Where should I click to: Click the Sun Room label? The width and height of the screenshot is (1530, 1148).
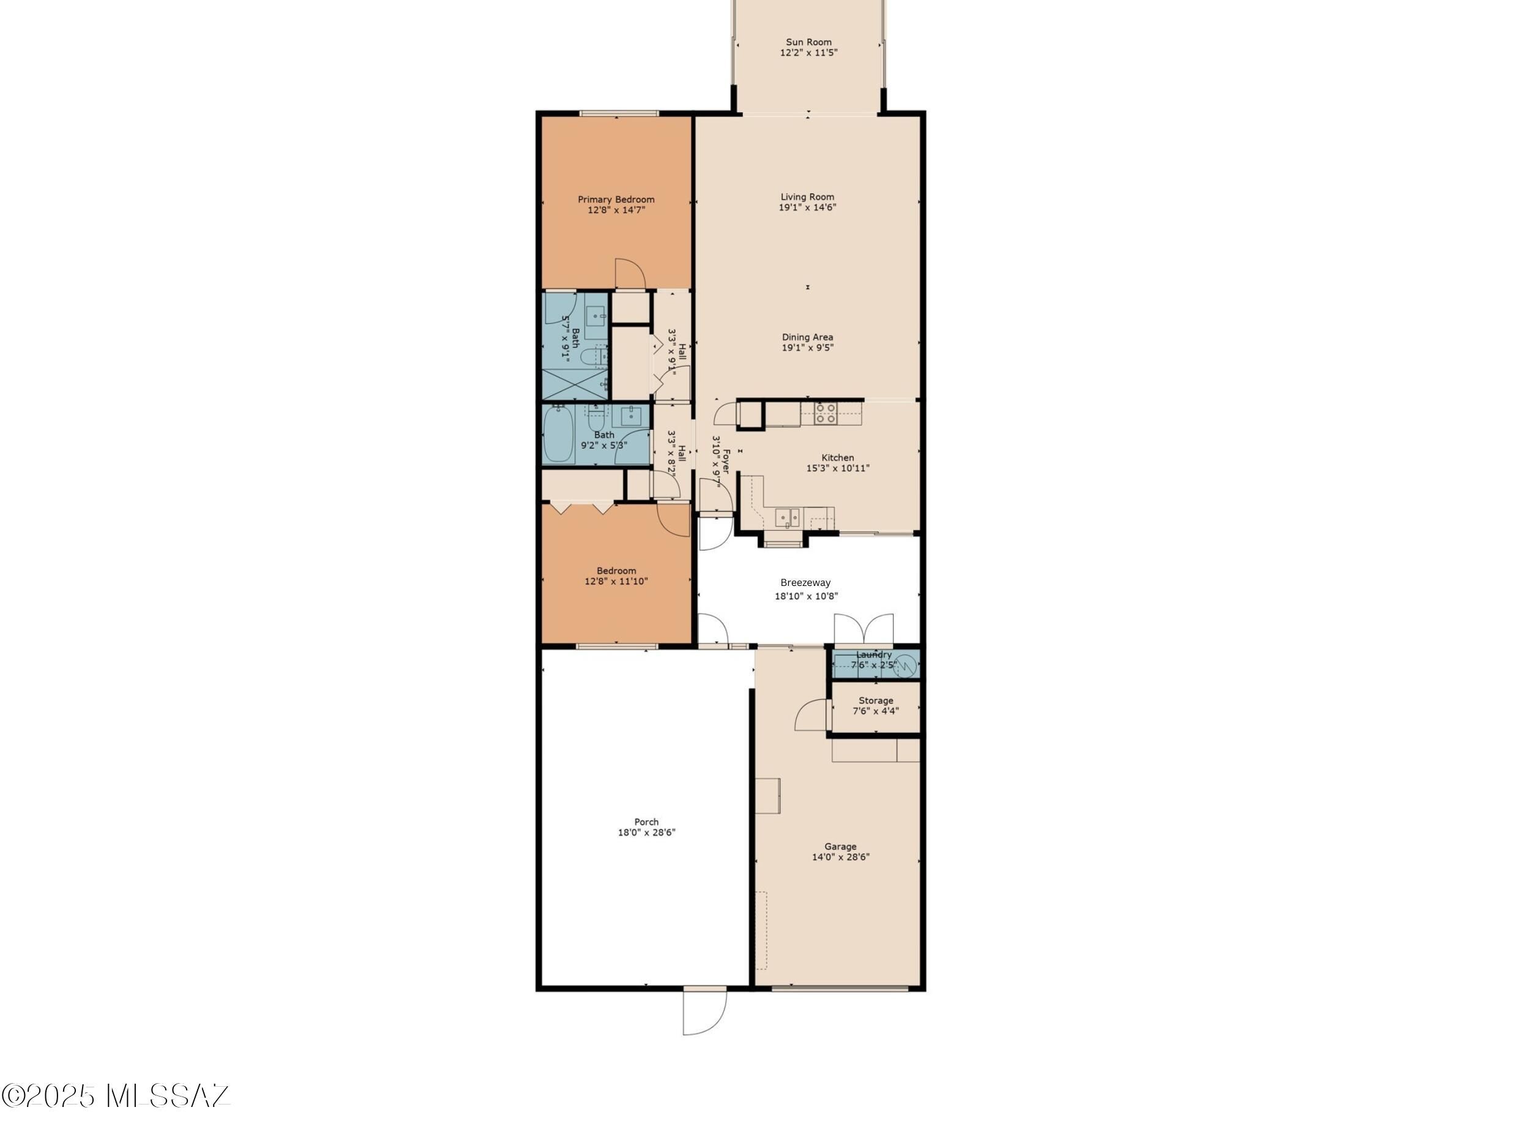click(x=808, y=42)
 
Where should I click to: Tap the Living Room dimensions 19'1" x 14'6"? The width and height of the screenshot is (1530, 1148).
click(x=807, y=208)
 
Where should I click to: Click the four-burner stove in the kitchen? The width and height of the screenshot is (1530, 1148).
click(x=825, y=414)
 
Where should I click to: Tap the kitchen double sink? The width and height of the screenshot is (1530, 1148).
click(x=787, y=517)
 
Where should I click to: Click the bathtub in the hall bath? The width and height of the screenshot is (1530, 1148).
click(x=559, y=435)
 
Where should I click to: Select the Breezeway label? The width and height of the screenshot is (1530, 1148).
click(x=806, y=583)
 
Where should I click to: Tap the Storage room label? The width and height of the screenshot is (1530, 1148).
click(x=876, y=701)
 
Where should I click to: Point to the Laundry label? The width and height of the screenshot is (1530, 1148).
click(x=875, y=655)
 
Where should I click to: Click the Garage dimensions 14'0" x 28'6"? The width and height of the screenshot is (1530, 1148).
click(x=840, y=857)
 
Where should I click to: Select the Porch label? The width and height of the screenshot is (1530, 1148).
click(x=647, y=823)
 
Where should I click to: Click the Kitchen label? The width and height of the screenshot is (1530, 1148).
click(x=838, y=458)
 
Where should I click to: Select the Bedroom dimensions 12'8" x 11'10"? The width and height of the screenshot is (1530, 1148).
click(x=616, y=582)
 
